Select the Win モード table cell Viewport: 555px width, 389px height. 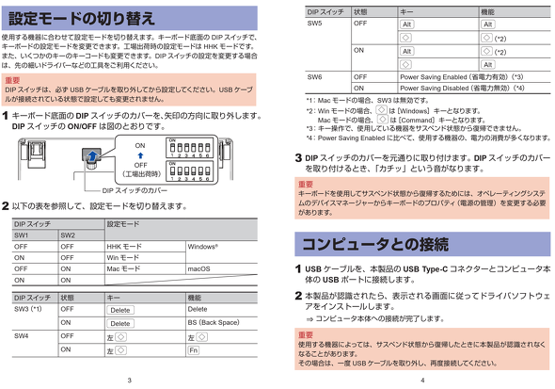[x=123, y=256]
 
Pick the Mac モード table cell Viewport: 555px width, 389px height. [x=124, y=268]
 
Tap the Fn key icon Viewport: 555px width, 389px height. [x=193, y=350]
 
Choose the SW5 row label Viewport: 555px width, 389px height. [x=315, y=23]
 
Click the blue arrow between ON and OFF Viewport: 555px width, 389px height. [x=140, y=157]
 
